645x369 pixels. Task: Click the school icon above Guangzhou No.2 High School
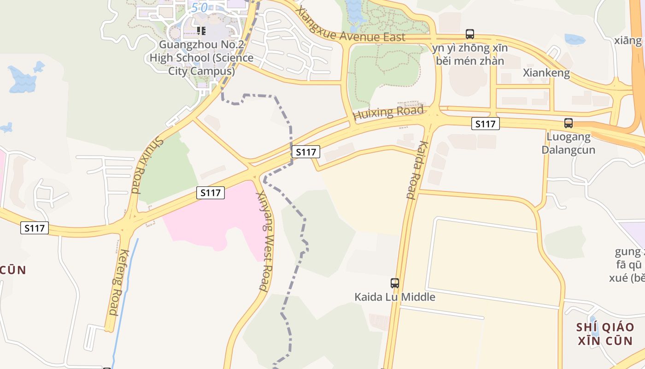tap(201, 31)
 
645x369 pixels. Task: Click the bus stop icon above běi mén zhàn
tap(470, 34)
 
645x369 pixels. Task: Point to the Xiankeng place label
tap(546, 73)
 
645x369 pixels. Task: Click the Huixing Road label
tap(388, 113)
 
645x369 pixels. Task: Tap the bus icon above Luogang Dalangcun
tap(569, 123)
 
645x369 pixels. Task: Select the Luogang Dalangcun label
tap(568, 143)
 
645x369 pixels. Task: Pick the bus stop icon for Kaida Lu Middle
tap(395, 283)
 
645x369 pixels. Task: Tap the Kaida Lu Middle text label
tap(395, 297)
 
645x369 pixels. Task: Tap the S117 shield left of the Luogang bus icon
tap(486, 124)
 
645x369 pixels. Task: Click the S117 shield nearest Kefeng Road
tap(35, 228)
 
